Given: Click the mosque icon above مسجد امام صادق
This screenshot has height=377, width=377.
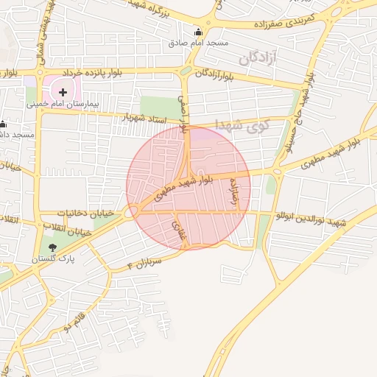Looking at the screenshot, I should pyautogui.click(x=197, y=32).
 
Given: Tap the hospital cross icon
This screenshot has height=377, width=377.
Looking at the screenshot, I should pyautogui.click(x=63, y=92).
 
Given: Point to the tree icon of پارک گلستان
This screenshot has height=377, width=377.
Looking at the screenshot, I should pyautogui.click(x=52, y=247).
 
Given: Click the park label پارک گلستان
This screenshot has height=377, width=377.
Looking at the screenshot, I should pyautogui.click(x=52, y=260).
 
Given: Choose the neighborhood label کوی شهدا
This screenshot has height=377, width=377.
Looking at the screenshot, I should pyautogui.click(x=243, y=124).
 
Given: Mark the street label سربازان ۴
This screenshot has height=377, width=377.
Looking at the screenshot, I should pyautogui.click(x=144, y=263).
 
